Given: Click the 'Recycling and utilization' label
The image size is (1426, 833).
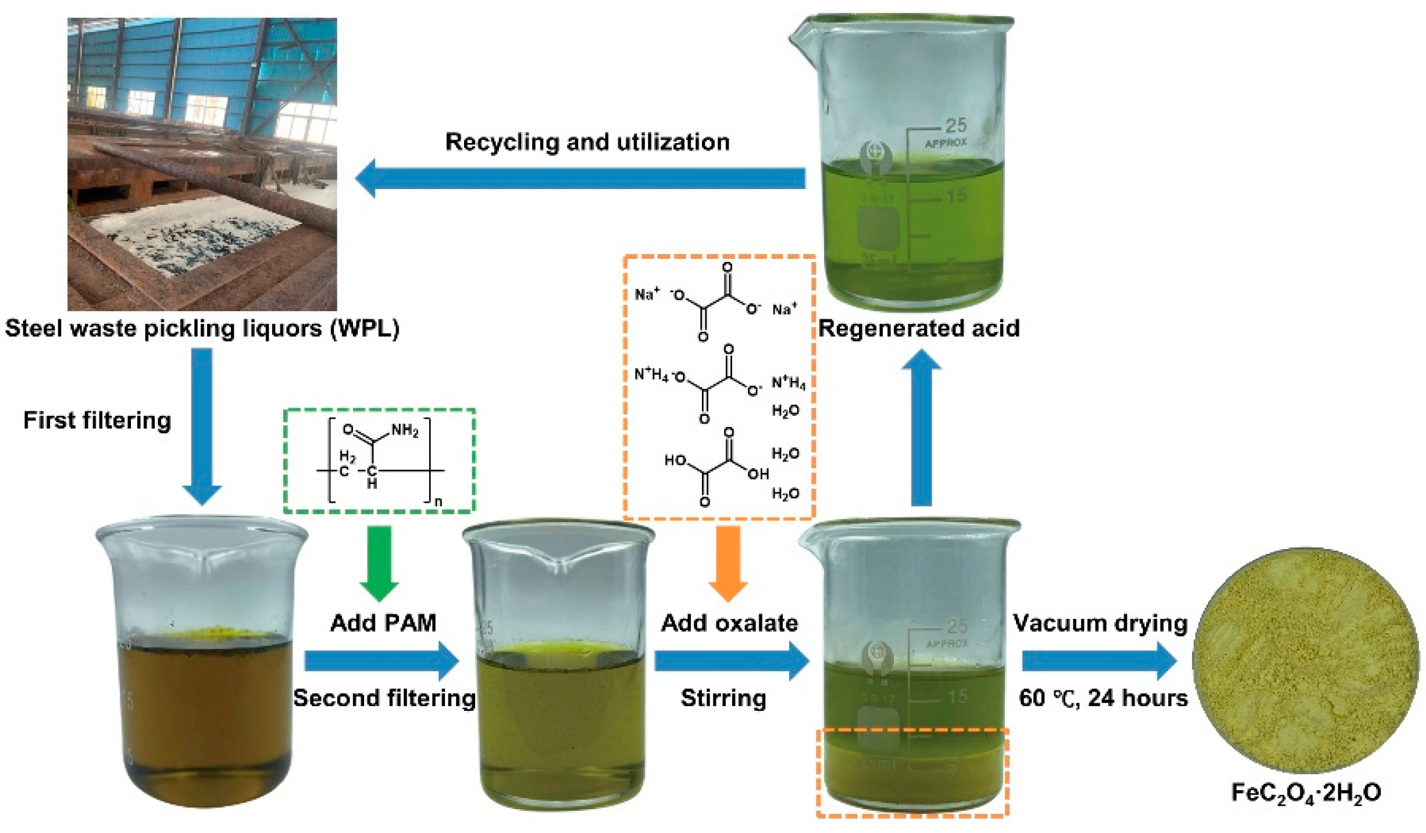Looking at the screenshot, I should [x=587, y=142].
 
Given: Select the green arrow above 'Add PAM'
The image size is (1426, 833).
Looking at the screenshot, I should [x=379, y=562].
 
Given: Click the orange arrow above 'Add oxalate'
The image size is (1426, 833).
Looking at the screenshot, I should [x=728, y=562].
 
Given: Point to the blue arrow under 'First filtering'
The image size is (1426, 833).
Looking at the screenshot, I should [x=202, y=425].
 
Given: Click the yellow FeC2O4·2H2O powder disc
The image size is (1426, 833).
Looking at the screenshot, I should [x=1306, y=660].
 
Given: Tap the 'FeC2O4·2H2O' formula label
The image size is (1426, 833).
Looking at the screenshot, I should [x=1306, y=793].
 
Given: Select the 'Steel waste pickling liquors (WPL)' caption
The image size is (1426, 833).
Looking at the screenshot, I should [x=202, y=329].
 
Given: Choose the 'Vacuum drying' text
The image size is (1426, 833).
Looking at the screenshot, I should [x=1100, y=623].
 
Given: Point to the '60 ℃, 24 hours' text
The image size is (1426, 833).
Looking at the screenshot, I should [x=1103, y=698].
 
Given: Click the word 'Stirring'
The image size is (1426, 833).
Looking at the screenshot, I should [x=723, y=698].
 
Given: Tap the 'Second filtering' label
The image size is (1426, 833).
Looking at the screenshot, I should [x=384, y=698].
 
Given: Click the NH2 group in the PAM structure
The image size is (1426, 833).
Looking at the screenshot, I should [x=405, y=430].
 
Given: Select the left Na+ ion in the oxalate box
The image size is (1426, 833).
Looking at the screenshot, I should [x=647, y=294].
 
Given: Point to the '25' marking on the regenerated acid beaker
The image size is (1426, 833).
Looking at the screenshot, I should [x=956, y=125].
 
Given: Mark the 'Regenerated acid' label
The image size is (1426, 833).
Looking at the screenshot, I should [x=919, y=329].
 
